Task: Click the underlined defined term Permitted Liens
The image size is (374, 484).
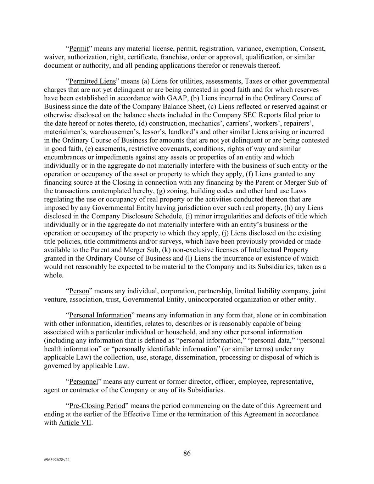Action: click(92, 81)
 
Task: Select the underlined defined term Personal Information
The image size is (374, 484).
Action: click(100, 315)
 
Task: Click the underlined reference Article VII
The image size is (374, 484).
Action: click(75, 423)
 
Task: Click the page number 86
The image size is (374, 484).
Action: click(187, 453)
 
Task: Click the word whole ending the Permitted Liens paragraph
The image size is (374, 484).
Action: click(53, 276)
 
